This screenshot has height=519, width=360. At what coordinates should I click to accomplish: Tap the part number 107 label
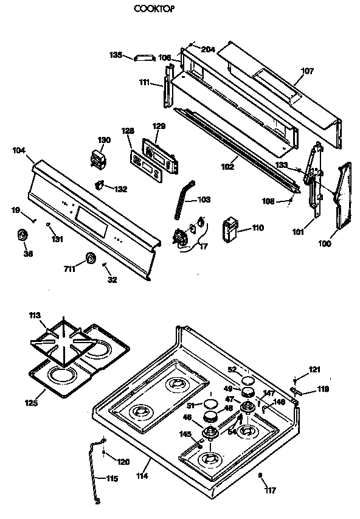307,71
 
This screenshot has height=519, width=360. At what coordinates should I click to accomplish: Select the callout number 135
116,55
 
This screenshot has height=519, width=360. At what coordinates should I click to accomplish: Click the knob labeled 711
91,258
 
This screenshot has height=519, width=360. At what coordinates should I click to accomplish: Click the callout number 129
159,126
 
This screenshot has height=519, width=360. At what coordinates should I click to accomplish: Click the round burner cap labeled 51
210,403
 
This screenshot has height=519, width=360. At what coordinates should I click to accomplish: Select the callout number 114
143,476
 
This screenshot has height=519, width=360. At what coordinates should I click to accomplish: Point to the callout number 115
111,479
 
